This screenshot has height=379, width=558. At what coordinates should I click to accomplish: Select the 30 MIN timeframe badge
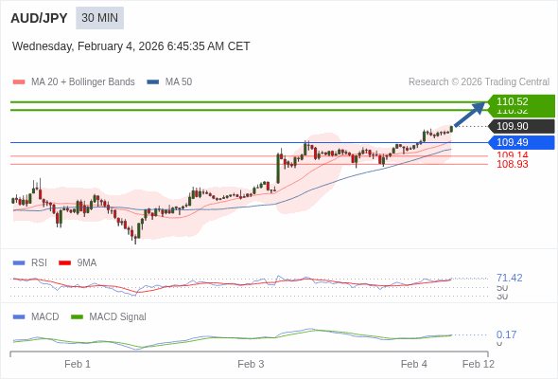point(100,18)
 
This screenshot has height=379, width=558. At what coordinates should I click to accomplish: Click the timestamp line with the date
point(131,45)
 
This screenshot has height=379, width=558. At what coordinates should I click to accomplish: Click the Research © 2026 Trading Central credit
point(479,81)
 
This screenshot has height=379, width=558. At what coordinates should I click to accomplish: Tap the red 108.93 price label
point(513,165)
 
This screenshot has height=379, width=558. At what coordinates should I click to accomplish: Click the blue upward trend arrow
point(470,114)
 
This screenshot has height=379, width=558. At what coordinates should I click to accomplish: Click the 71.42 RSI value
point(509,278)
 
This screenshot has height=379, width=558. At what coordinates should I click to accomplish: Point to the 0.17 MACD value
point(506,334)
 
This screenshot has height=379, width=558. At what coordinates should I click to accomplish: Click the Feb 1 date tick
point(78,364)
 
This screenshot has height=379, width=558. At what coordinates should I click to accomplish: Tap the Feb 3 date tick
point(251,364)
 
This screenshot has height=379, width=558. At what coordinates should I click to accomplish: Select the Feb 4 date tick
point(414,364)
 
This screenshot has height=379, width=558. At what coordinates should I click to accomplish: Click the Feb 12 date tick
point(478,364)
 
